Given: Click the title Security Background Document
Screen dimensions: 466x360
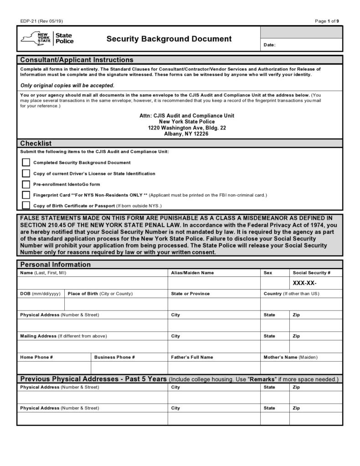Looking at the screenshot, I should tap(169, 39).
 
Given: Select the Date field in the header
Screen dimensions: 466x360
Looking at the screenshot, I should tap(301, 45).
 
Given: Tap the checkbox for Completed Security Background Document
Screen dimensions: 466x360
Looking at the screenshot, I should tap(26, 162).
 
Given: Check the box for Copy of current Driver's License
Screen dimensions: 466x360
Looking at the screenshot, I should tap(26, 173).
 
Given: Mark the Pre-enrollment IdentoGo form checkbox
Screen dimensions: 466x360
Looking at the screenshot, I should tap(26, 184).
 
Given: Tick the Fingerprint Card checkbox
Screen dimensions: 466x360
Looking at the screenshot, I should tap(26, 195).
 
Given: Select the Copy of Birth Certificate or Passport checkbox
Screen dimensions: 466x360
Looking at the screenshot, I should tap(26, 205).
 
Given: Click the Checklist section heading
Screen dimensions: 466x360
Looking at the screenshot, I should tap(36, 143).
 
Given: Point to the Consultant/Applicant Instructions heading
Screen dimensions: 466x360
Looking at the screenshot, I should tap(77, 60).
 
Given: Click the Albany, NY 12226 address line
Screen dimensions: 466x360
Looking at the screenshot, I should tap(186, 134).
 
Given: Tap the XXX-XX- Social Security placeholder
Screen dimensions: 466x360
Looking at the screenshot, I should tap(304, 283).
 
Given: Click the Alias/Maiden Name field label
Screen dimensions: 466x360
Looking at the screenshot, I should tap(192, 273).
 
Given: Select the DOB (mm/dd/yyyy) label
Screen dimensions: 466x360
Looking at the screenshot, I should tap(40, 294).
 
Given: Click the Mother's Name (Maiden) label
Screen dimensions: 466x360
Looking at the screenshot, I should tap(290, 357).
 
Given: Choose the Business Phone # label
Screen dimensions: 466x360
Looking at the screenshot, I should tap(114, 357).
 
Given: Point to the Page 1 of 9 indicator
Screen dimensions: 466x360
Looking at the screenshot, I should tap(327, 21).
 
